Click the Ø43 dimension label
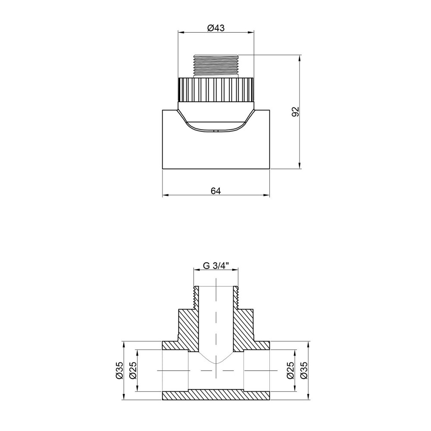(216, 28)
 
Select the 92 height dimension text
(295, 111)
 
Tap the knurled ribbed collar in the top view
(216, 89)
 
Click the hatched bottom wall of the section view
(216, 395)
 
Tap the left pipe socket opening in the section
(175, 371)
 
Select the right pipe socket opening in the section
(257, 371)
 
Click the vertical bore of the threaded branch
(216, 319)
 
